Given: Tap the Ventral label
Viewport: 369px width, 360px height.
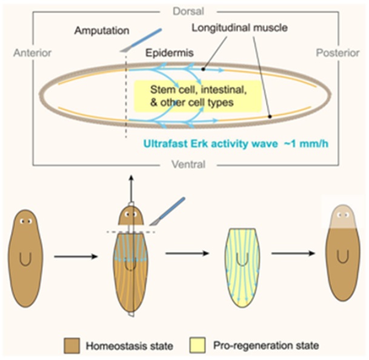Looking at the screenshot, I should pos(184,164).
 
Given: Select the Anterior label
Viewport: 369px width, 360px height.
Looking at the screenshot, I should pos(30,53).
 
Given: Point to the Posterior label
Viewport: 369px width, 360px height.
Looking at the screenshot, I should pos(337,53).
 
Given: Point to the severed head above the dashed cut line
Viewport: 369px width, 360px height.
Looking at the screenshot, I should pos(130,216).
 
